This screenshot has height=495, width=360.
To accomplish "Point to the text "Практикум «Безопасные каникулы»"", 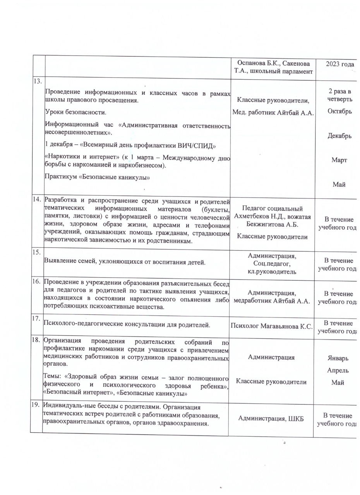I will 97,177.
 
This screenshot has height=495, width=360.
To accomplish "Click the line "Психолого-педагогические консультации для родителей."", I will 128,324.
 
